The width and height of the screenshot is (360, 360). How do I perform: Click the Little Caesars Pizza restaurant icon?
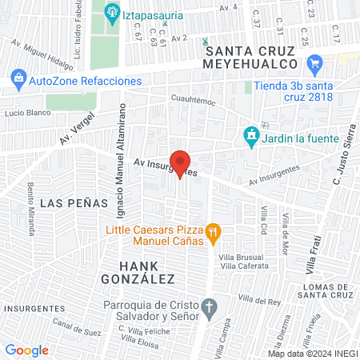213,234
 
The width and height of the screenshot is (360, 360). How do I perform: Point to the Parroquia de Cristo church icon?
209,308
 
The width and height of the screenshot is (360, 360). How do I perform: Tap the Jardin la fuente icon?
252,135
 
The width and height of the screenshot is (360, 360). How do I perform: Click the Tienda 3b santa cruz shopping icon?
314,62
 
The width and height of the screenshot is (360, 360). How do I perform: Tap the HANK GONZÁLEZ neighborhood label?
137,272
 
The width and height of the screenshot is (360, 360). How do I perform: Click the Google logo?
26,350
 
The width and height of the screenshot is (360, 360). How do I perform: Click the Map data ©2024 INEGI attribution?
312,353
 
